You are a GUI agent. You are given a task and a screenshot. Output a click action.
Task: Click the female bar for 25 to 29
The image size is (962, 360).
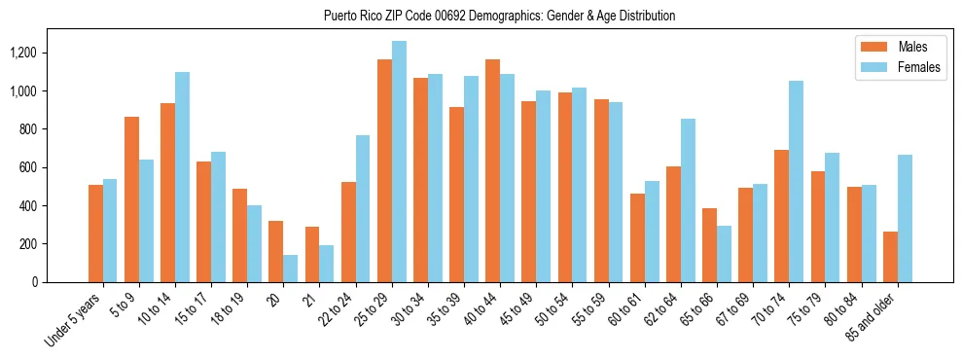(399, 162)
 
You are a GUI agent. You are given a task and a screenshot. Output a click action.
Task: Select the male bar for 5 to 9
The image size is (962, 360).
(131, 199)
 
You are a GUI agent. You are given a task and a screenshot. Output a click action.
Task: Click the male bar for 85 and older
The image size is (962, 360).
(890, 257)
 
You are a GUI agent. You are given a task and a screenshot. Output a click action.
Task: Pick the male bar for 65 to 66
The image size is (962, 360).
(709, 245)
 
